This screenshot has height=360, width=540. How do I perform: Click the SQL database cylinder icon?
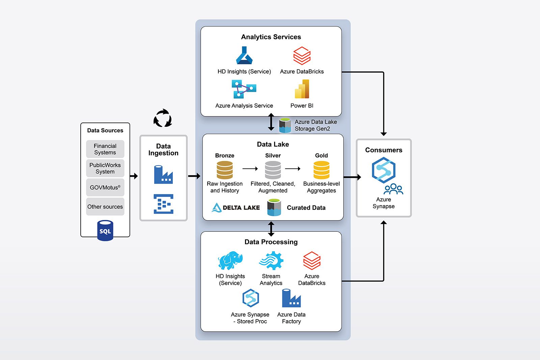tap(105, 231)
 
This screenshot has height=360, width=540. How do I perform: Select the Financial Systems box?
tap(105, 149)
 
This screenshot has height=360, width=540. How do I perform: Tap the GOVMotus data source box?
tap(105, 188)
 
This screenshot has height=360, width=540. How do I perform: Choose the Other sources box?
tap(105, 207)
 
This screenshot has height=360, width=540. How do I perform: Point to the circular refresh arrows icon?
tap(163, 118)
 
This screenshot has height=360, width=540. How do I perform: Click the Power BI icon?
tap(302, 89)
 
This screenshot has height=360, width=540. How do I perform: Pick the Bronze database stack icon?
tap(225, 170)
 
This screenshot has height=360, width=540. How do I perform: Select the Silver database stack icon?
tap(273, 170)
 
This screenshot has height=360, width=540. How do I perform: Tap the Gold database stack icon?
tap(321, 170)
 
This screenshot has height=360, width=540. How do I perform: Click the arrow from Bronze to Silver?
tap(250, 169)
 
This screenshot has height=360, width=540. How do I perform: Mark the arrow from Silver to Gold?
tap(293, 169)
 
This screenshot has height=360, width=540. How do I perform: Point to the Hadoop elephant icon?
tap(230, 260)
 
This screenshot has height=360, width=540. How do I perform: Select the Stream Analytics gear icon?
tap(271, 260)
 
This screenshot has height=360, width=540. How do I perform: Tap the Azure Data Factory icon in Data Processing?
tap(291, 298)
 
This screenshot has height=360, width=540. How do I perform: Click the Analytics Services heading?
tap(271, 37)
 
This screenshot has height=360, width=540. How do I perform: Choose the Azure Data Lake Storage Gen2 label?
tap(316, 125)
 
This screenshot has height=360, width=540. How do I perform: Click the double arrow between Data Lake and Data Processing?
tap(271, 229)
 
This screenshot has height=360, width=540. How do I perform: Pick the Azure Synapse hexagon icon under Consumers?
tap(383, 171)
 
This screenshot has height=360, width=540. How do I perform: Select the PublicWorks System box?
tap(105, 168)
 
